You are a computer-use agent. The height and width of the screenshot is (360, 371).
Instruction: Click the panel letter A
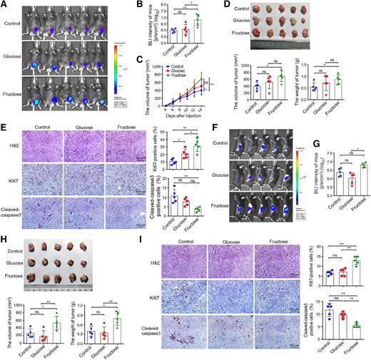[x=5, y=5]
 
